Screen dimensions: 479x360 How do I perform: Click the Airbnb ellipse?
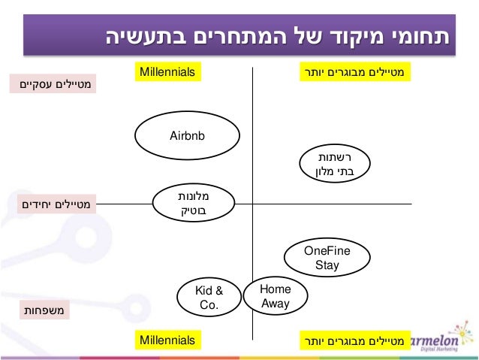(x=187, y=136)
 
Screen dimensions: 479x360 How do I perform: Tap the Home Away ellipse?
(x=275, y=296)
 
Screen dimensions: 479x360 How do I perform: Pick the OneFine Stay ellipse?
(x=327, y=258)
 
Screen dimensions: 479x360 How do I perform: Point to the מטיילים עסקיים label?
(x=53, y=82)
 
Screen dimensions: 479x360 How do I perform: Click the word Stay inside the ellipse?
(x=327, y=265)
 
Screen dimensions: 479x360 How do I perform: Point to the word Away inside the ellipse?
(x=275, y=304)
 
